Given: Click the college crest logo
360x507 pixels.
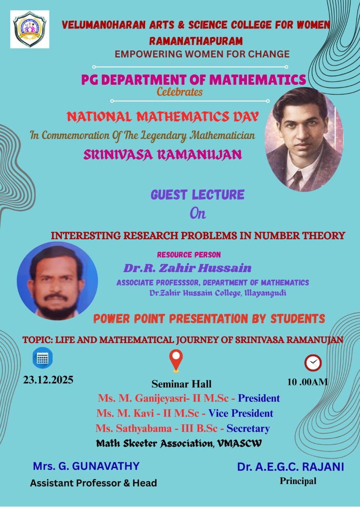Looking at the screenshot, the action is [30, 29].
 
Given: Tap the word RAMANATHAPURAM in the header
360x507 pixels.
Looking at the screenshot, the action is [196, 41].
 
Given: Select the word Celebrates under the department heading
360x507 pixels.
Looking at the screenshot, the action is [180, 92].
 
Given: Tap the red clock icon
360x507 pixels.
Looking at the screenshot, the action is [313, 363].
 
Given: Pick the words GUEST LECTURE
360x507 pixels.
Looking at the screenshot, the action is [197, 194].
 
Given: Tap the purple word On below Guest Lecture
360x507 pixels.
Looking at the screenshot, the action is [198, 213].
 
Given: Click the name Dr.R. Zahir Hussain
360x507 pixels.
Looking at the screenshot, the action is [188, 268].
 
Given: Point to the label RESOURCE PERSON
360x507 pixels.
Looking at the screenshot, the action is [189, 255].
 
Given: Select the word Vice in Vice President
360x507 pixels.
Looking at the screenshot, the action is [218, 413].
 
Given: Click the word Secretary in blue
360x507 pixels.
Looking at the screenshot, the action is [248, 429].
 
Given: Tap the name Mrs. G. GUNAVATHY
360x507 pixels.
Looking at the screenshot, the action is [86, 466].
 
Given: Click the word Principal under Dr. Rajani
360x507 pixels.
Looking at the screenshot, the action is [298, 481].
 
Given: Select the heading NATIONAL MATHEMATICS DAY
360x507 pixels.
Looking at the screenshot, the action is [163, 117].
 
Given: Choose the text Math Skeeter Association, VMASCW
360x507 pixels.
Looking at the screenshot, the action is [179, 443].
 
